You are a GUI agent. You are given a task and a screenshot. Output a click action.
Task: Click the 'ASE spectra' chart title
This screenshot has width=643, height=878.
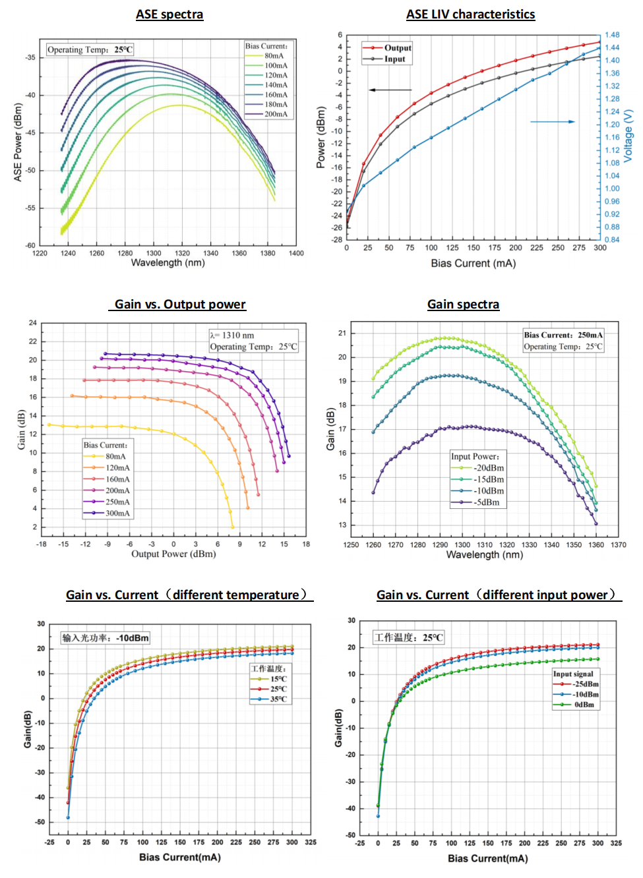point(169,15)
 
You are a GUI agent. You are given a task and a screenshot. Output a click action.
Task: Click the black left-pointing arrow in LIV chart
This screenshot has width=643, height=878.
point(389,90)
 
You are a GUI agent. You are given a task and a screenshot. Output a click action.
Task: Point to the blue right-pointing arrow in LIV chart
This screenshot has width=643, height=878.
point(553,121)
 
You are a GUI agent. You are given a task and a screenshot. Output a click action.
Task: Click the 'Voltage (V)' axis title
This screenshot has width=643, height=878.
point(628,136)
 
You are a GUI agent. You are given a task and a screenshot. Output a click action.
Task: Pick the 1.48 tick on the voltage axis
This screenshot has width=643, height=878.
point(611,35)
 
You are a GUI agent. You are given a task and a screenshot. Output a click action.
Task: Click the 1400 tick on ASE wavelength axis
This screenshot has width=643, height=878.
point(296,253)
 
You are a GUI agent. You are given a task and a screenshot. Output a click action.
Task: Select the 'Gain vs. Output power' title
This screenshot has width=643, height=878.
point(180,305)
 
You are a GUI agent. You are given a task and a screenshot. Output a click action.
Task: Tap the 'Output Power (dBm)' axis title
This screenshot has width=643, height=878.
point(173,554)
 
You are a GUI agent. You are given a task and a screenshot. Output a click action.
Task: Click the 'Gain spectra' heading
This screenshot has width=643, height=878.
point(463,305)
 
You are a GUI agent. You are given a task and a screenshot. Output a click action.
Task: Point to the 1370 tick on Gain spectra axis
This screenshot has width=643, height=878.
point(618,545)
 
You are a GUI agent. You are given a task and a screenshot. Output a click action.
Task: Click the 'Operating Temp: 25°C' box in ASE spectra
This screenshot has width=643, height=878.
point(90,49)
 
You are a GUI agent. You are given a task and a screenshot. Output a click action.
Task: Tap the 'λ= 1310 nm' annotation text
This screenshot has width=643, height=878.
point(232,336)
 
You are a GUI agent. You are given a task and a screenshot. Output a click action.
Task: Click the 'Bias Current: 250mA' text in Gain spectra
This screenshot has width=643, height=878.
point(563,335)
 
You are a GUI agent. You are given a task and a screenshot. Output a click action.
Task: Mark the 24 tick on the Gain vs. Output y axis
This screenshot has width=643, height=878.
point(33,323)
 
